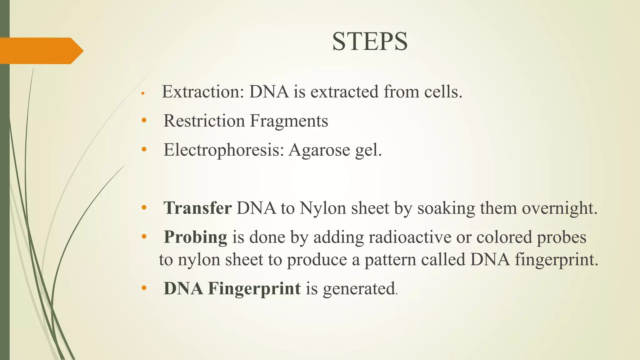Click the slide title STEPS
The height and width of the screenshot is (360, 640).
pyautogui.click(x=370, y=42)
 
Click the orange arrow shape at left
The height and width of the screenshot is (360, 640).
pyautogui.click(x=41, y=51)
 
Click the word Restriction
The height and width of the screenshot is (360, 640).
pyautogui.click(x=204, y=121)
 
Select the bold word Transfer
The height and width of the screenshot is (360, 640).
pyautogui.click(x=197, y=208)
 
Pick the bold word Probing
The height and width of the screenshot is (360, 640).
pyautogui.click(x=196, y=237)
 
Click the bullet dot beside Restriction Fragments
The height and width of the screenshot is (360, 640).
pyautogui.click(x=144, y=120)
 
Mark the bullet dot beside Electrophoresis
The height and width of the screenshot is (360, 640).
pyautogui.click(x=144, y=149)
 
